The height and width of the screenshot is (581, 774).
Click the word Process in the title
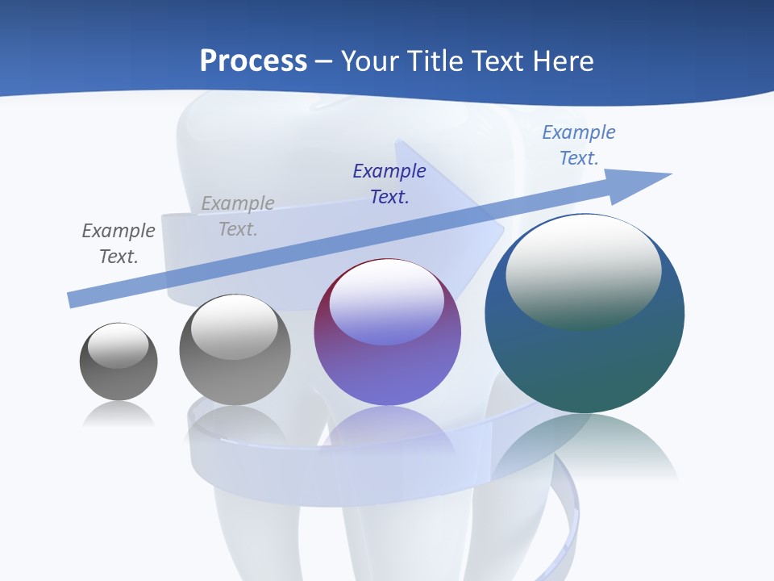tap(253, 61)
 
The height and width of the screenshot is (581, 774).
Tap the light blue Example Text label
tap(579, 145)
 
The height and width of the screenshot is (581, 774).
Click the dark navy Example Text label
tap(389, 183)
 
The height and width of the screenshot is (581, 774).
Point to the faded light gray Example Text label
tap(238, 216)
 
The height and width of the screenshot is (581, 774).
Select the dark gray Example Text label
tap(119, 243)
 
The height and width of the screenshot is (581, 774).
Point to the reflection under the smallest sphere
tap(119, 413)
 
